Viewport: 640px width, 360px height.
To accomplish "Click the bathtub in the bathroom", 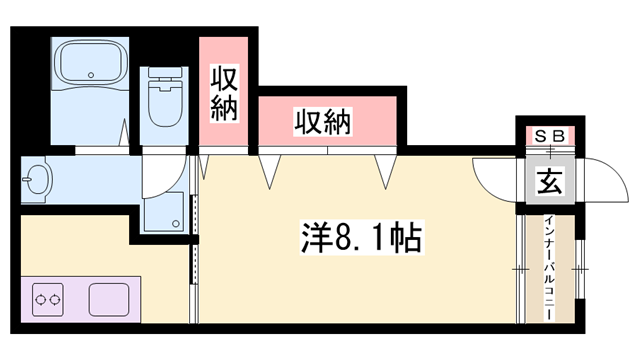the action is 90,63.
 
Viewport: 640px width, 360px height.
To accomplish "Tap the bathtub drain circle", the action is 91,75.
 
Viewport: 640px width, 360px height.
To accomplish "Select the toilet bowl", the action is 164,103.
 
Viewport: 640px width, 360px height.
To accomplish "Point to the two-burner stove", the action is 48,300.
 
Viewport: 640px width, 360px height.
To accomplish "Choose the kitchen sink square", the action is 109,300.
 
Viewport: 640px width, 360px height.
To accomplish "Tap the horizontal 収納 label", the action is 323,122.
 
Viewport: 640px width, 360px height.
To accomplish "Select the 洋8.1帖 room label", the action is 362,237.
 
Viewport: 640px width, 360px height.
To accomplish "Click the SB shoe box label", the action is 550,136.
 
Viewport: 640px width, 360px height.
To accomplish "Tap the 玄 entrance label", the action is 550,181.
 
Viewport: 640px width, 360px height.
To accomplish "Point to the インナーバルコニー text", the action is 550,268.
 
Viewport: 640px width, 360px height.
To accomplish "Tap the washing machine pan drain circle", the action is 176,223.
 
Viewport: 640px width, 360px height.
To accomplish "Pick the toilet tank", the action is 164,72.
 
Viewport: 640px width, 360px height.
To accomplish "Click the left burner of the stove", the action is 40,300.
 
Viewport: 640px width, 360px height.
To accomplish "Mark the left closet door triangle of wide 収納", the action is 269,171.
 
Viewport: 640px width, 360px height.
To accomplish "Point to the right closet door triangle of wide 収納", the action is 386,171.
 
